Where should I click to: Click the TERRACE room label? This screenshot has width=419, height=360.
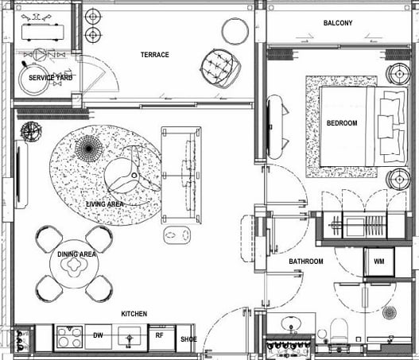(155, 55)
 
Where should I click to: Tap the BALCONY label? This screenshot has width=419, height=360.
(338, 23)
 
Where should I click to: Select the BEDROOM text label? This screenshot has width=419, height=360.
(342, 123)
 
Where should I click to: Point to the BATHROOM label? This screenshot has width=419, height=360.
(306, 261)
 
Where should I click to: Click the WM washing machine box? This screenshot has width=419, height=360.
(379, 261)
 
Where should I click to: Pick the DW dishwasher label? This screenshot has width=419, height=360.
(98, 335)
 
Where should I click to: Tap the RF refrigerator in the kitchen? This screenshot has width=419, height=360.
(162, 338)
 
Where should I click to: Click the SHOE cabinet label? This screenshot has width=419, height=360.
(188, 339)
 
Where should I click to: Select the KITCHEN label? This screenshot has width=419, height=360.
(134, 314)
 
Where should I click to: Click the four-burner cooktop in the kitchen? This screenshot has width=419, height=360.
(69, 338)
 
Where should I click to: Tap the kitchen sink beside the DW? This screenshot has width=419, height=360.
(130, 338)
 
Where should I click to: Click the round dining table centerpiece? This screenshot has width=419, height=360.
(73, 265)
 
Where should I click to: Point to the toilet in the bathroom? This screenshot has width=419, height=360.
(339, 331)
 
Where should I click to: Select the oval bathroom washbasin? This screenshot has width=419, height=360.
(291, 324)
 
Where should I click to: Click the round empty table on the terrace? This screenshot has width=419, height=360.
(235, 31)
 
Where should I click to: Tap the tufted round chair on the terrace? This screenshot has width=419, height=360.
(220, 68)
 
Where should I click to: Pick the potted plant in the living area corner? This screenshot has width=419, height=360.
(31, 131)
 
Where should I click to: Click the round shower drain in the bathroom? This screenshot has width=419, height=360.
(390, 312)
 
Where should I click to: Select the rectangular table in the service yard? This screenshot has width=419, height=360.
(43, 32)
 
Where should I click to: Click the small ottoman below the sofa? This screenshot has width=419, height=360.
(177, 235)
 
